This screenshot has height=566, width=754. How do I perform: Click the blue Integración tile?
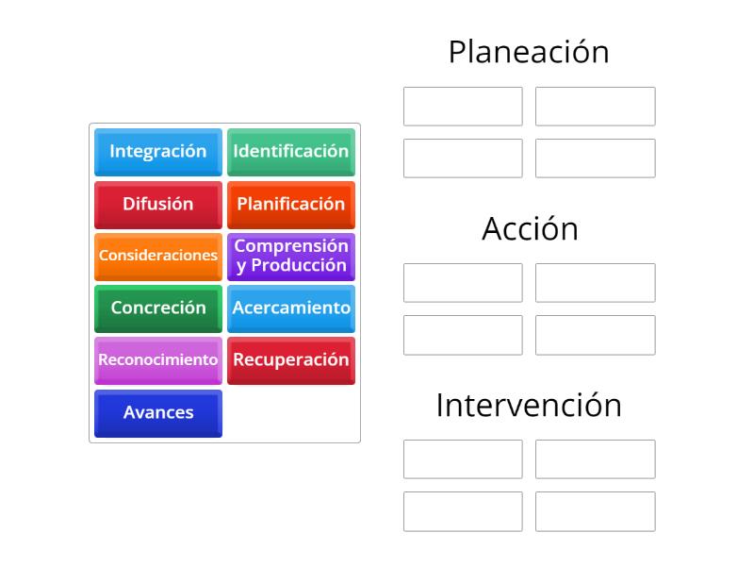click(x=158, y=152)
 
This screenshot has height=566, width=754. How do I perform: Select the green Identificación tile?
click(x=291, y=152)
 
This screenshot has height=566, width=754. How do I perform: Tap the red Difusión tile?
click(x=158, y=205)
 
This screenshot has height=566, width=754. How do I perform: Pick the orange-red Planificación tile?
click(x=291, y=205)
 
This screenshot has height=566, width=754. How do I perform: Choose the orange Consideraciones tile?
click(x=158, y=257)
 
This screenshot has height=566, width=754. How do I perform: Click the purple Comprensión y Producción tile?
click(x=291, y=257)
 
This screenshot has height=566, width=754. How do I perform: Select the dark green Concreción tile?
click(x=158, y=308)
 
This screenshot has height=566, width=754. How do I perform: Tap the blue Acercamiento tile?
click(x=291, y=308)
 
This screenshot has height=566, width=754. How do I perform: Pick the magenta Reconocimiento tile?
click(x=158, y=360)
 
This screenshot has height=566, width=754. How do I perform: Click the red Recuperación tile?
click(x=291, y=360)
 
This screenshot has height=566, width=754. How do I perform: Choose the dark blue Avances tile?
click(x=158, y=413)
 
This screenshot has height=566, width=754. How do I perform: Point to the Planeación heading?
click(x=529, y=52)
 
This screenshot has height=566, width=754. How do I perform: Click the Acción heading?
click(x=530, y=228)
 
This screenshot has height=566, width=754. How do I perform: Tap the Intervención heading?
click(x=529, y=405)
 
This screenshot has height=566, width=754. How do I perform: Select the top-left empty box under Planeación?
click(x=463, y=107)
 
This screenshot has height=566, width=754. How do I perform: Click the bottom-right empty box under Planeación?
click(x=596, y=158)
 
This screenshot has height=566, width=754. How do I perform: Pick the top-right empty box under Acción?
click(x=596, y=283)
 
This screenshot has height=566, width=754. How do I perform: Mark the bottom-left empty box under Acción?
click(x=463, y=335)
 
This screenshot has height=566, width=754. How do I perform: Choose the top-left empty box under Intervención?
click(x=463, y=459)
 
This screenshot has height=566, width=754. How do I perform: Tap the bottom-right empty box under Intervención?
click(x=596, y=511)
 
